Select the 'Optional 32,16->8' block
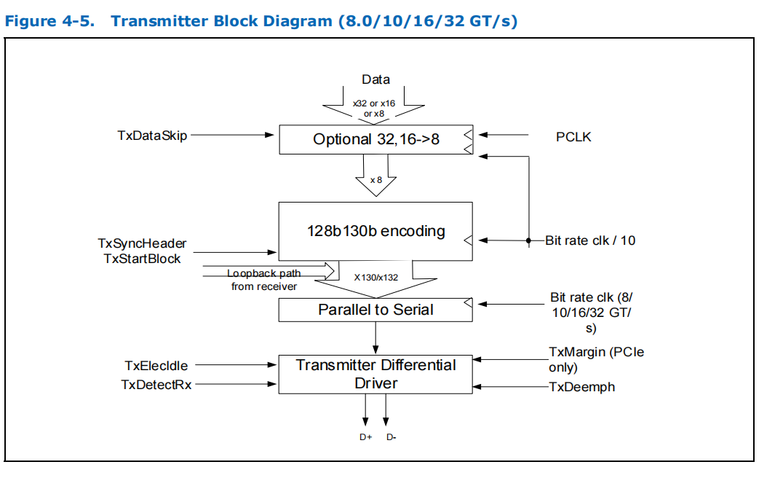[x=375, y=139]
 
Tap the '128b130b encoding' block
[x=375, y=231]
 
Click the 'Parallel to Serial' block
[x=375, y=310]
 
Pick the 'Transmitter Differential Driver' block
[x=375, y=374]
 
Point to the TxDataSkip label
[x=152, y=135]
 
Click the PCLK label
[x=573, y=136]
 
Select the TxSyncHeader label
[x=142, y=243]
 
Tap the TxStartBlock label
[x=142, y=258]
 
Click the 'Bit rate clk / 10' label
[x=590, y=240]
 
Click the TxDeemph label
[x=582, y=387]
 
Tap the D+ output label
[x=365, y=437]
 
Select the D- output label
[x=391, y=437]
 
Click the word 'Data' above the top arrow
[x=375, y=79]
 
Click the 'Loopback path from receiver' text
[x=263, y=280]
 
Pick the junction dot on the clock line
[x=528, y=240]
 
